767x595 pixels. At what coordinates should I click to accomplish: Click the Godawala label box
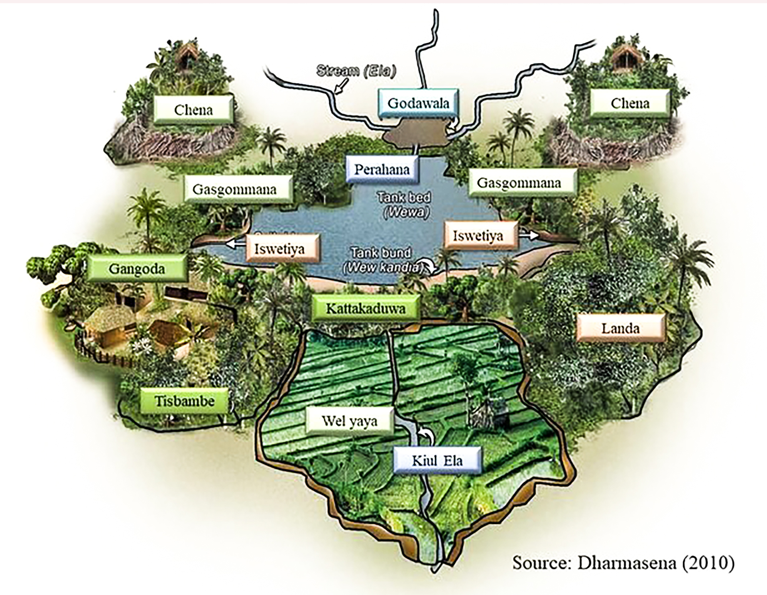[418, 103]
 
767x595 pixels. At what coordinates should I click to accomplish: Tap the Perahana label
[382, 169]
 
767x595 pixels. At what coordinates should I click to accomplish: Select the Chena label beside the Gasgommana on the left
[193, 110]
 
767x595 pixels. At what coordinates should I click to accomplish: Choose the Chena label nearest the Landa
[630, 103]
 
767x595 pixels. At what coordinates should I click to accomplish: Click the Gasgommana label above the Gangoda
[235, 189]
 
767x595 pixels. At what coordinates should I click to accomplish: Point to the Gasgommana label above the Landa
[519, 183]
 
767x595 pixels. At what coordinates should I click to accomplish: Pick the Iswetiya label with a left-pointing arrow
[279, 249]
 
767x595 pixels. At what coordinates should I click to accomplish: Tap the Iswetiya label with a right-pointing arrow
[478, 236]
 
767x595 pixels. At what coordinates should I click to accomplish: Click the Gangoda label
[137, 269]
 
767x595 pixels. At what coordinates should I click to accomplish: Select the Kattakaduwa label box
[366, 308]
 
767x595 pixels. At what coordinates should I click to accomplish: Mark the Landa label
[620, 328]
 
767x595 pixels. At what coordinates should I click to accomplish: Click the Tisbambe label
[185, 401]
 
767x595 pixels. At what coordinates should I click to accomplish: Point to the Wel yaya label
[350, 421]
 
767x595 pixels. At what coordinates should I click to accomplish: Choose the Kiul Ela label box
[437, 461]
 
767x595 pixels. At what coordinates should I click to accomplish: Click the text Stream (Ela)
[356, 71]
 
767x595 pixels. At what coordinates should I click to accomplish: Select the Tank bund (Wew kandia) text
[382, 260]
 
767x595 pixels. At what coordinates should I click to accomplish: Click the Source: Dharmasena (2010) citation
[623, 563]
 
